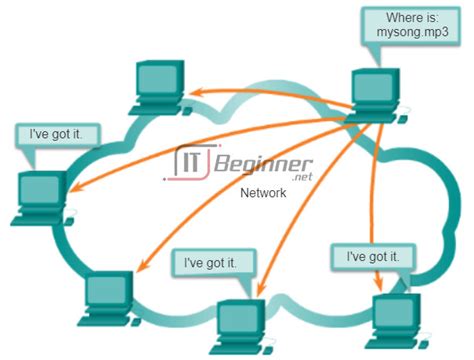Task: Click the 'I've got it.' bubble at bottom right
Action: click(x=377, y=256)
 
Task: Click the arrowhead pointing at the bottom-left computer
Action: click(x=140, y=269)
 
